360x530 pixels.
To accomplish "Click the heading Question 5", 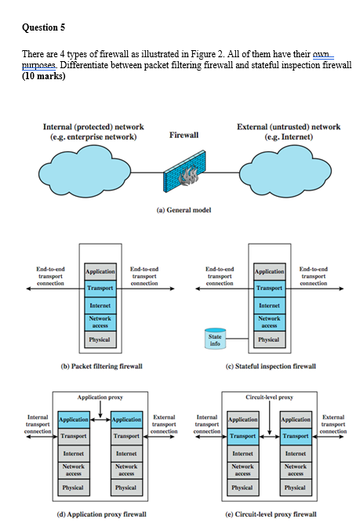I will pos(43,27).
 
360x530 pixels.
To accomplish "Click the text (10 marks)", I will pos(45,78).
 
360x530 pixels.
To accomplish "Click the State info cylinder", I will pos(214,338).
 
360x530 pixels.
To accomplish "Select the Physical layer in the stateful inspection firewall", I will pos(269,339).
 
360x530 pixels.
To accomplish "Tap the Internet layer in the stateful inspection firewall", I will pos(269,305).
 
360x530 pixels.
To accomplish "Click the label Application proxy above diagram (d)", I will pos(100,397).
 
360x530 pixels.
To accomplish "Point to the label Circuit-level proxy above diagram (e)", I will pos(269,397).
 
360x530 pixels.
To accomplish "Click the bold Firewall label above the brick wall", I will pos(184,135).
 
